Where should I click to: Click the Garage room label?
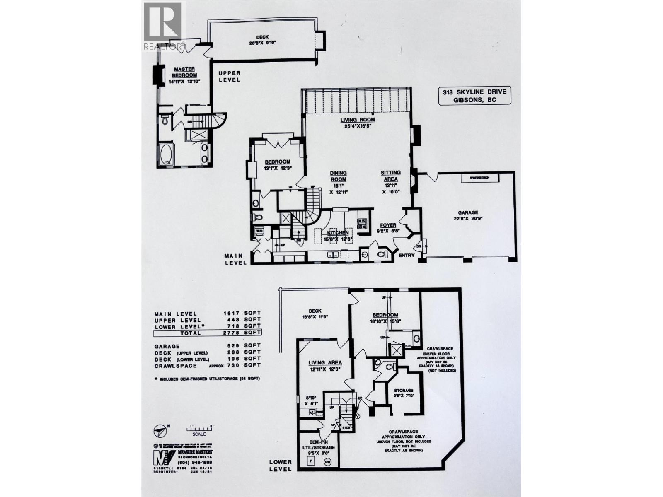tap(467, 212)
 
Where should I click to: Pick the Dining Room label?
tap(338, 176)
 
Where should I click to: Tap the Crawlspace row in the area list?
tap(207, 365)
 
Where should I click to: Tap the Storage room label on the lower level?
tap(403, 391)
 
